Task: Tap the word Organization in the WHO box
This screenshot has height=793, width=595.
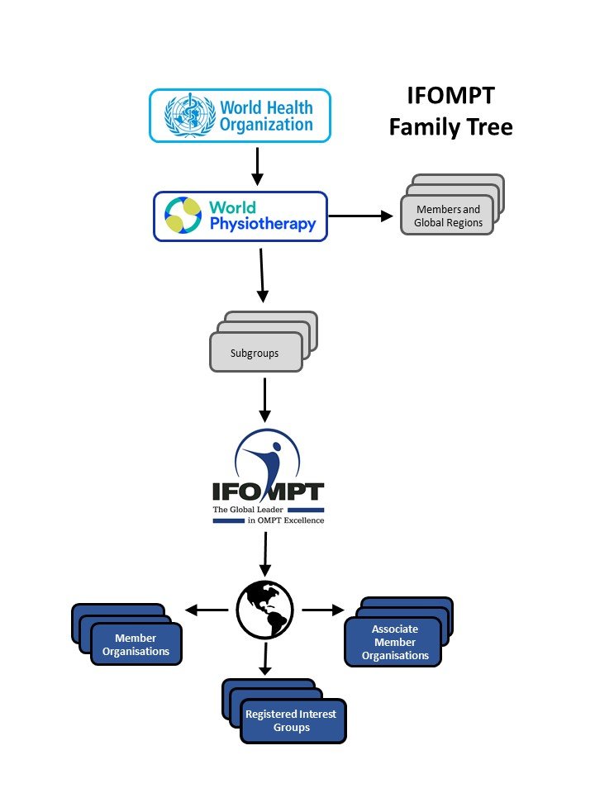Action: click(266, 126)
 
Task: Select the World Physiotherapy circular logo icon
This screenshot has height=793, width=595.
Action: click(183, 215)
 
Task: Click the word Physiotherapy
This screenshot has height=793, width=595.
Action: click(262, 224)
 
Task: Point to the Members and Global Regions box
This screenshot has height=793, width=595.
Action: click(448, 216)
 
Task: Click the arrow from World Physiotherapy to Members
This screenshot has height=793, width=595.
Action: click(361, 216)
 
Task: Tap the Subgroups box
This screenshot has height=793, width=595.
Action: click(255, 354)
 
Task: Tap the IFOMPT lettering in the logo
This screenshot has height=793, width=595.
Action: click(268, 493)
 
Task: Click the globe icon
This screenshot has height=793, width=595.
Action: click(265, 610)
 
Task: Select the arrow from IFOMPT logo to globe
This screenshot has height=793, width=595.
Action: click(265, 555)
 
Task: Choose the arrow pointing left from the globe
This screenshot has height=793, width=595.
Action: click(206, 610)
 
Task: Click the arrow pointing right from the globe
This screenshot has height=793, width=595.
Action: click(323, 610)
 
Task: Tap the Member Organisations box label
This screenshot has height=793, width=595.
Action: click(136, 645)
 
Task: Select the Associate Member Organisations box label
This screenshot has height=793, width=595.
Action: click(395, 643)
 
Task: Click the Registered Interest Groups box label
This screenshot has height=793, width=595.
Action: click(290, 720)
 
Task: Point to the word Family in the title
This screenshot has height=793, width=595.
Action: click(421, 127)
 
